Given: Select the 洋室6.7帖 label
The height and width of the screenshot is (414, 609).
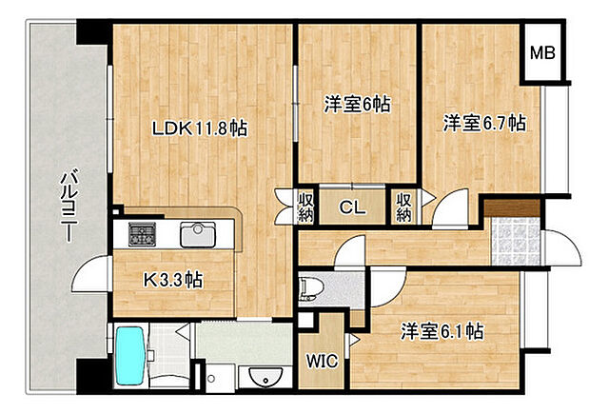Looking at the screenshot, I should tap(484, 122).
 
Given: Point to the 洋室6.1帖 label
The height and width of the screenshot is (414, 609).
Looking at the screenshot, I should tap(442, 331).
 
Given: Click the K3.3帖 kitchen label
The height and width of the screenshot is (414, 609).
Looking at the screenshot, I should tap(171, 280).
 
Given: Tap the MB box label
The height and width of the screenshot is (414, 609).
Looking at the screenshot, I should tap(544, 51).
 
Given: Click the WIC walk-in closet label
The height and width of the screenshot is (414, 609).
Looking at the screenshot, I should tap(321, 361).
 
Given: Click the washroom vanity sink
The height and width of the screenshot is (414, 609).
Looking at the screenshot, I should tap(260, 378).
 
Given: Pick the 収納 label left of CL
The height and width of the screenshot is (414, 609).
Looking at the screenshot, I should tap(283, 207).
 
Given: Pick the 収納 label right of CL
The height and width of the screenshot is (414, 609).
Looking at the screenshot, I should tap(403, 207).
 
